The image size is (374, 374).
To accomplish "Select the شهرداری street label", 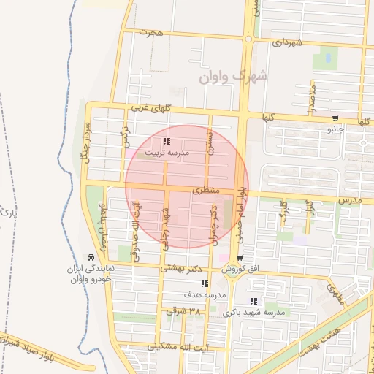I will (287, 43).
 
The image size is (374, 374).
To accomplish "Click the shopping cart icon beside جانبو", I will (335, 118).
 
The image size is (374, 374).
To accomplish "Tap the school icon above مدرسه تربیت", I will (167, 141).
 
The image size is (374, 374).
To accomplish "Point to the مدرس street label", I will (350, 199).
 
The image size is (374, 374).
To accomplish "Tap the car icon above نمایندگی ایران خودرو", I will (89, 258).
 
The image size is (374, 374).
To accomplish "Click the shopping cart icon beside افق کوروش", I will (240, 258).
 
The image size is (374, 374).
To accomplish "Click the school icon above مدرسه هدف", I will (205, 283).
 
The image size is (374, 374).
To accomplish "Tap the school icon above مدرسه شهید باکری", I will (253, 301).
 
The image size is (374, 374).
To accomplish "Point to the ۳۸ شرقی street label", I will (183, 311).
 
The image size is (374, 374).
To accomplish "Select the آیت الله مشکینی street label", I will (194, 347).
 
